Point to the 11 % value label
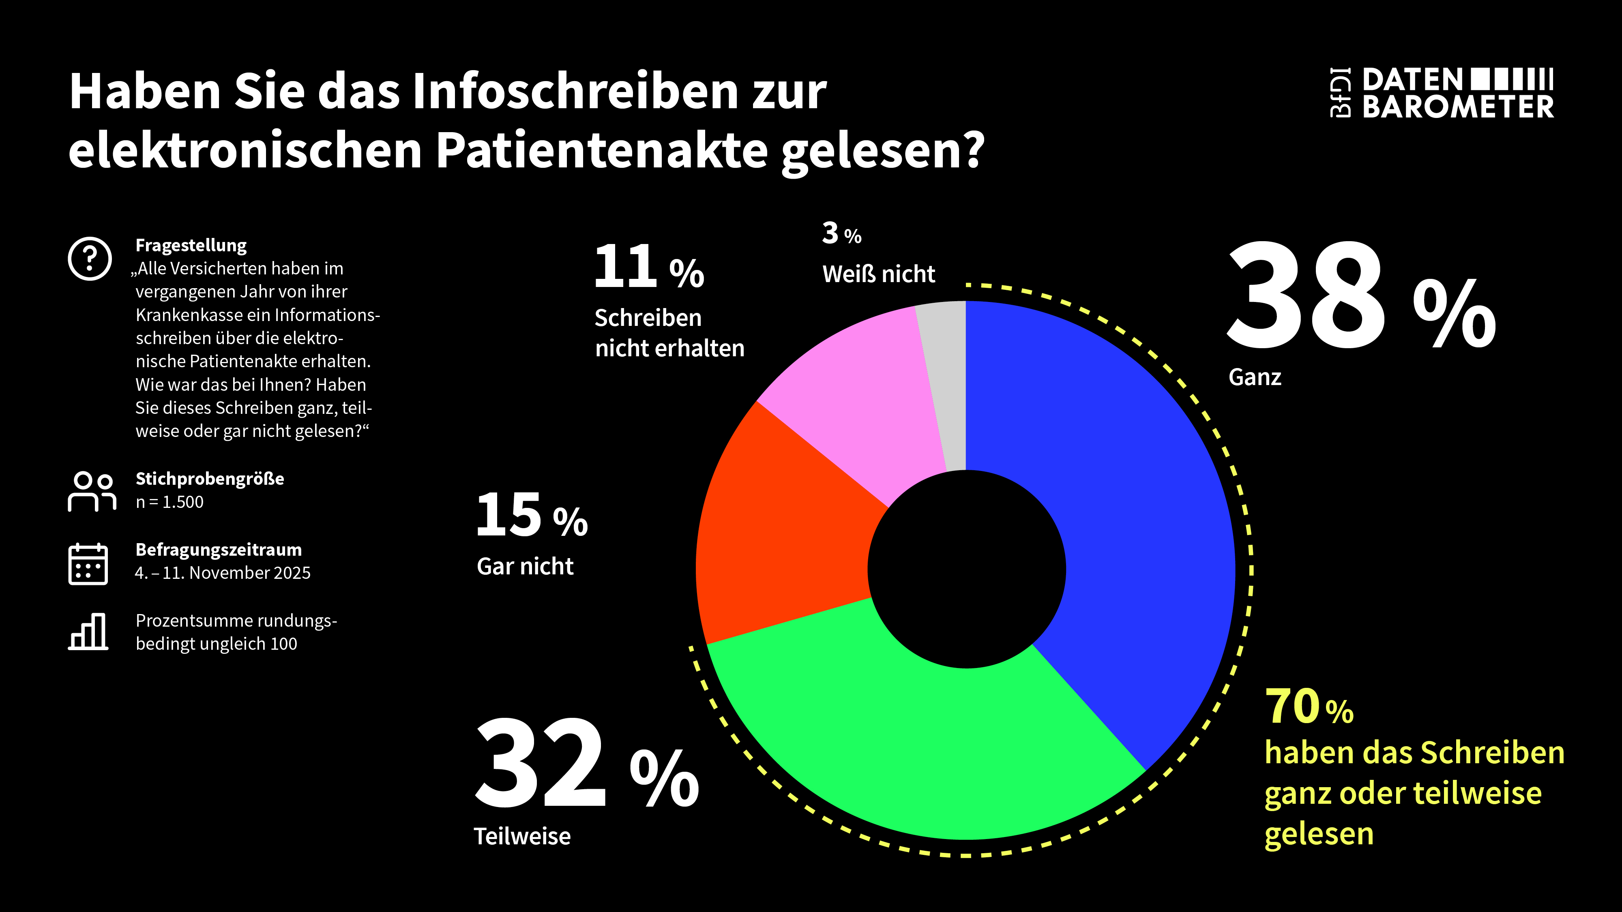click(x=648, y=268)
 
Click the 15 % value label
click(x=532, y=516)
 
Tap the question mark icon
click(x=90, y=259)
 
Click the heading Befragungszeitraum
click(x=219, y=550)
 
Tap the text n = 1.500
click(x=169, y=502)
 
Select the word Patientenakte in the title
click(x=601, y=151)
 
